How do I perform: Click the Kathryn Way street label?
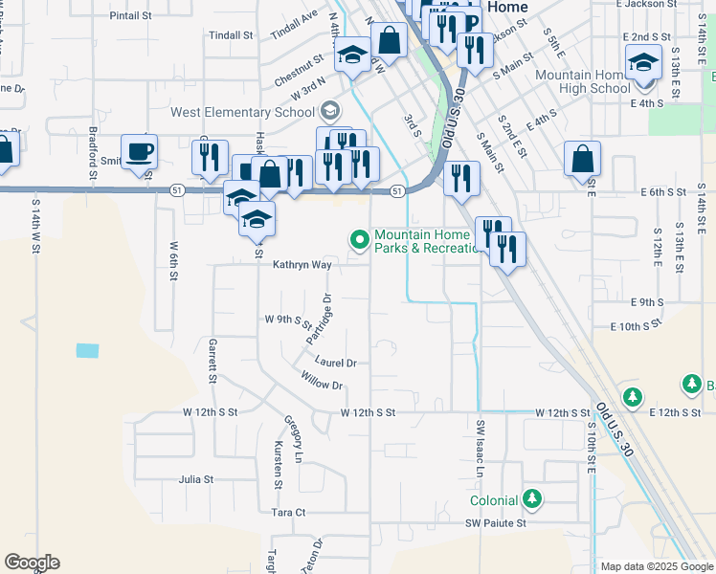coord(302,265)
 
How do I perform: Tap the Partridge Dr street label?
coord(318,320)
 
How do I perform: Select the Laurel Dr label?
coord(335,363)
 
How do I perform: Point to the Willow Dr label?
coord(322,385)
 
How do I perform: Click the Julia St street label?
coord(195,479)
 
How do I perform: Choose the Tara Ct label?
coord(288,513)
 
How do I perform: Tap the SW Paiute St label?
coord(496,523)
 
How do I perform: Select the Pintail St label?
coord(131,16)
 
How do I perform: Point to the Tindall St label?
coord(231,35)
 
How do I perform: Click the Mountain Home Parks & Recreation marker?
coord(360,238)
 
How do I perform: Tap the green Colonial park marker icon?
coord(533,499)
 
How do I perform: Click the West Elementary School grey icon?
coord(331,112)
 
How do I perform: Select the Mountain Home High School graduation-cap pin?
coord(644,64)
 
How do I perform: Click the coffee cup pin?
coord(141,151)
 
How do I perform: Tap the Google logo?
coord(32,563)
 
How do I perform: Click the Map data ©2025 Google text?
coord(657,566)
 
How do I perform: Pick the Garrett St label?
coord(212,360)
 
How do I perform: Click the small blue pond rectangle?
coord(87,350)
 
